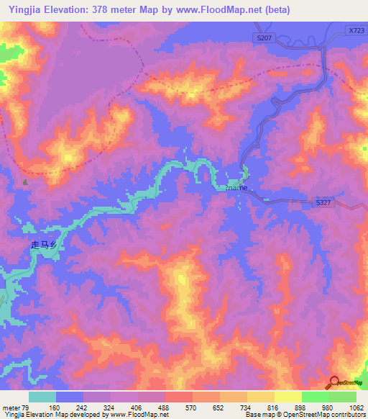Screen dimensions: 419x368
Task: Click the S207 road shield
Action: pos(263,37)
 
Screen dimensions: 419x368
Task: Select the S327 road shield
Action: pos(323,204)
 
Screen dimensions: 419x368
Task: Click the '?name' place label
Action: pos(236,188)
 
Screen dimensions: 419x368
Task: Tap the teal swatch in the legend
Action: pos(42,397)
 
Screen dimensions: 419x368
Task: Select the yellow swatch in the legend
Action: pos(287,397)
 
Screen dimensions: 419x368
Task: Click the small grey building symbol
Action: pos(27,182)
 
